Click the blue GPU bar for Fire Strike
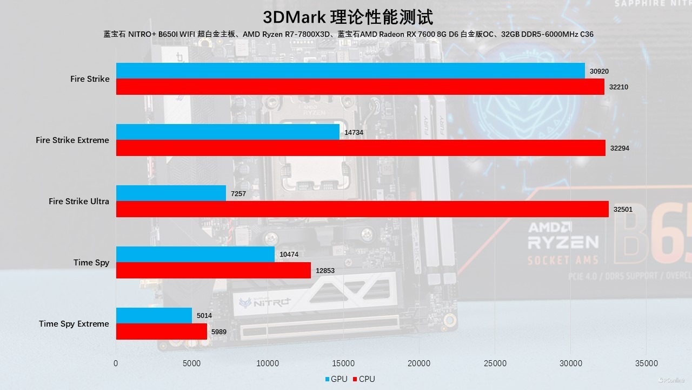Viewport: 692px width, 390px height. tap(350, 70)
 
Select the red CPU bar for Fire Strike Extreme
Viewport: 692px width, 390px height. tap(361, 148)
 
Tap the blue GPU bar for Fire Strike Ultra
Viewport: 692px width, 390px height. tap(171, 193)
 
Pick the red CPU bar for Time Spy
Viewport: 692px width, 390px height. tap(214, 270)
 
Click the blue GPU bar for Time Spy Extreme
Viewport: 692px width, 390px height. tap(154, 315)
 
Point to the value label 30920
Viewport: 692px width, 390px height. tap(600, 71)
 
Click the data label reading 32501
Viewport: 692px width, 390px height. tap(623, 209)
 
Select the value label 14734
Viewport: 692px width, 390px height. tap(354, 133)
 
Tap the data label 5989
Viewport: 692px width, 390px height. tap(221, 331)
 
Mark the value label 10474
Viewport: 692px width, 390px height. tap(289, 255)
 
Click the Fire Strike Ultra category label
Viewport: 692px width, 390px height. tap(79, 201)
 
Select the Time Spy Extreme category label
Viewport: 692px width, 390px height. tap(74, 324)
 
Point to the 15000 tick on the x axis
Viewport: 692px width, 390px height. tap(344, 363)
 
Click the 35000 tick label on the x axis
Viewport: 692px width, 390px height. tap(647, 363)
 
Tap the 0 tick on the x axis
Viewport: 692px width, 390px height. tap(116, 363)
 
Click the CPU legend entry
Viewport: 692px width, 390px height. tap(363, 379)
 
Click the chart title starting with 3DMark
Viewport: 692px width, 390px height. tap(348, 17)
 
